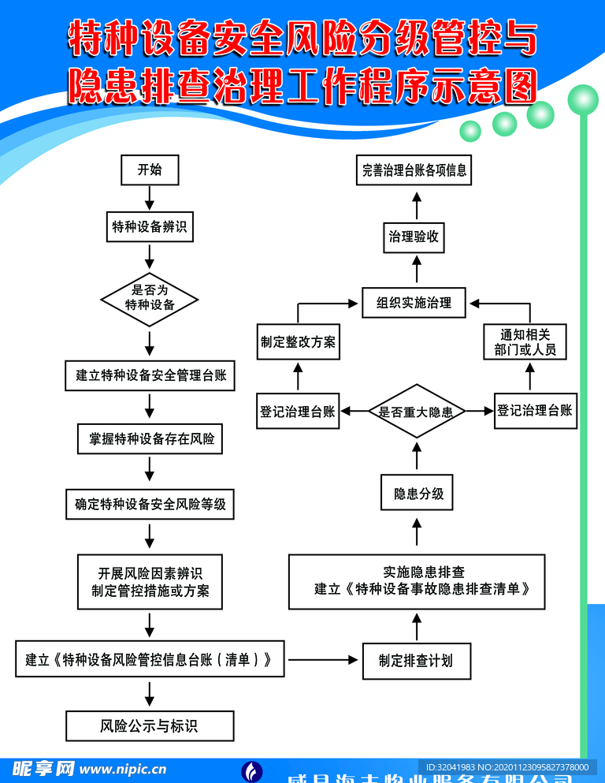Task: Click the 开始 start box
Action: click(x=150, y=170)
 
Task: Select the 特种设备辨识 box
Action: click(x=150, y=227)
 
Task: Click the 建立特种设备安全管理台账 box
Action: click(x=150, y=375)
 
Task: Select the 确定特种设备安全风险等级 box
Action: click(x=150, y=504)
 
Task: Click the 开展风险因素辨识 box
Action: click(x=150, y=582)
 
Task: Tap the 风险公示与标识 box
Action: click(x=150, y=725)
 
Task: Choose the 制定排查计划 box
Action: click(x=416, y=661)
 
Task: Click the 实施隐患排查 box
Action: click(x=417, y=581)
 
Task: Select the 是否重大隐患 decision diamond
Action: click(x=418, y=412)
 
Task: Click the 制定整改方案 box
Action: click(x=299, y=342)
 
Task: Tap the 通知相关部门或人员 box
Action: click(x=525, y=342)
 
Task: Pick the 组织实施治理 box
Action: click(x=414, y=302)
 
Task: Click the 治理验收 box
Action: click(x=414, y=236)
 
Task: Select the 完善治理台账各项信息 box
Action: click(x=414, y=170)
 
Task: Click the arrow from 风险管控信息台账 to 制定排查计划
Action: click(x=322, y=659)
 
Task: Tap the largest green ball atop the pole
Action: click(x=584, y=99)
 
